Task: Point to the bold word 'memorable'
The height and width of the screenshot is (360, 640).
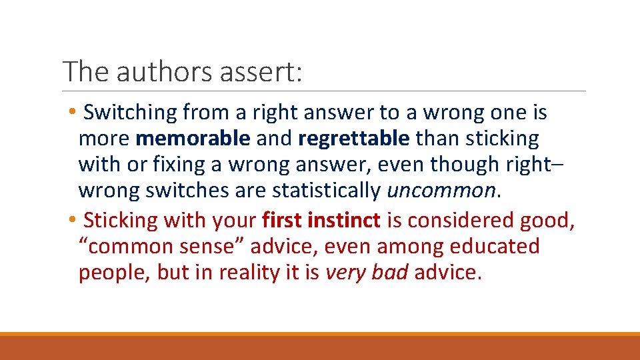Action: [193, 139]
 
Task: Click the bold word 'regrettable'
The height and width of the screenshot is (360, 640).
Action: [354, 139]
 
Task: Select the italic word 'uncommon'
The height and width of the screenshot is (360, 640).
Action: [441, 191]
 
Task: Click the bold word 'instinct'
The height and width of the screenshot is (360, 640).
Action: [349, 219]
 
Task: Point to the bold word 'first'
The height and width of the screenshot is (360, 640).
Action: [287, 219]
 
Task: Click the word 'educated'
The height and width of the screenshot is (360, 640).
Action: [494, 246]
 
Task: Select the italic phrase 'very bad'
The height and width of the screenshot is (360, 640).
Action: [366, 273]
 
